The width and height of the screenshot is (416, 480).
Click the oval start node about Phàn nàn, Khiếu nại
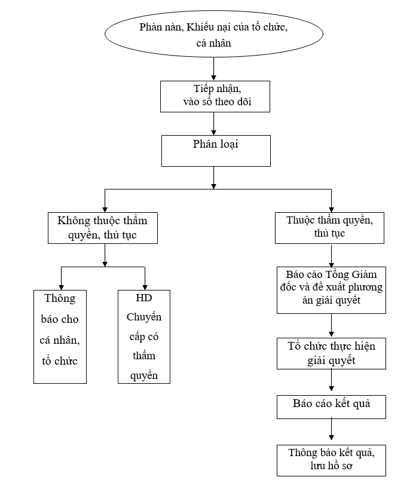point(213,34)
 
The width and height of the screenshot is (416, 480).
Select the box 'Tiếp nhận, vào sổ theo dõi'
point(215,96)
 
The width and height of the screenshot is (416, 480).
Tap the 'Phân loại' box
point(215,150)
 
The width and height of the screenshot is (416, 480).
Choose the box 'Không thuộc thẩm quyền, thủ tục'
point(102,228)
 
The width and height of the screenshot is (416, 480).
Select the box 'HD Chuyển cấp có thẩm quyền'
point(143,337)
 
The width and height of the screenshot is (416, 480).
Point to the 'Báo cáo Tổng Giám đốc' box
point(331,290)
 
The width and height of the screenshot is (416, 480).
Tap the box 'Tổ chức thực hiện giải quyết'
point(331,353)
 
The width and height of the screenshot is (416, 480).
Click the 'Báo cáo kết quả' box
point(331,406)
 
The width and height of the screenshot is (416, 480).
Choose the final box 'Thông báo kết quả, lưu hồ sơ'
point(331,459)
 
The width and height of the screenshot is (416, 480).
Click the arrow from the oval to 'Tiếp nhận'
point(214,68)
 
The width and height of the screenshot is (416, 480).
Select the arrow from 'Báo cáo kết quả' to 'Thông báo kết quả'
point(331,431)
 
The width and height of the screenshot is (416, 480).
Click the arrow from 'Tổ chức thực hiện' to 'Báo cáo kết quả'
point(331,381)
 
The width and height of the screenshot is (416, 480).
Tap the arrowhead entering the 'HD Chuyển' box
point(145,286)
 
